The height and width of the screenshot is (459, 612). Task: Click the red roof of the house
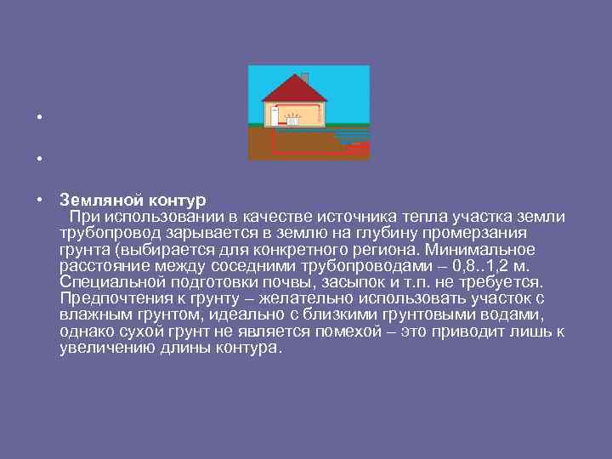tap(293, 89)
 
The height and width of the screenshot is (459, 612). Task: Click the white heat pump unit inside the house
tap(275, 116)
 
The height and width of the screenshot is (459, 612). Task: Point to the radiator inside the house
tap(295, 116)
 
